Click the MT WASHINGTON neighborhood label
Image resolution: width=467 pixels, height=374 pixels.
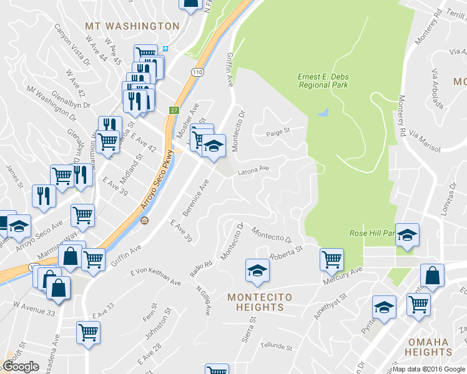(132, 26)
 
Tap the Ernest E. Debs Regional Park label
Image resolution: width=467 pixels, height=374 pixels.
(323, 80)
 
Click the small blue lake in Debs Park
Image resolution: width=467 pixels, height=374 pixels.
(323, 113)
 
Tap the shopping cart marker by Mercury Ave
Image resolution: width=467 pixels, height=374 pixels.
(332, 259)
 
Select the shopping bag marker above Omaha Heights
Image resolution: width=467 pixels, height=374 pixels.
(432, 276)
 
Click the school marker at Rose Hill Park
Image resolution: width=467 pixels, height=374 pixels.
(406, 235)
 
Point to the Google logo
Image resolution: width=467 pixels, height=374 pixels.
(21, 367)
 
